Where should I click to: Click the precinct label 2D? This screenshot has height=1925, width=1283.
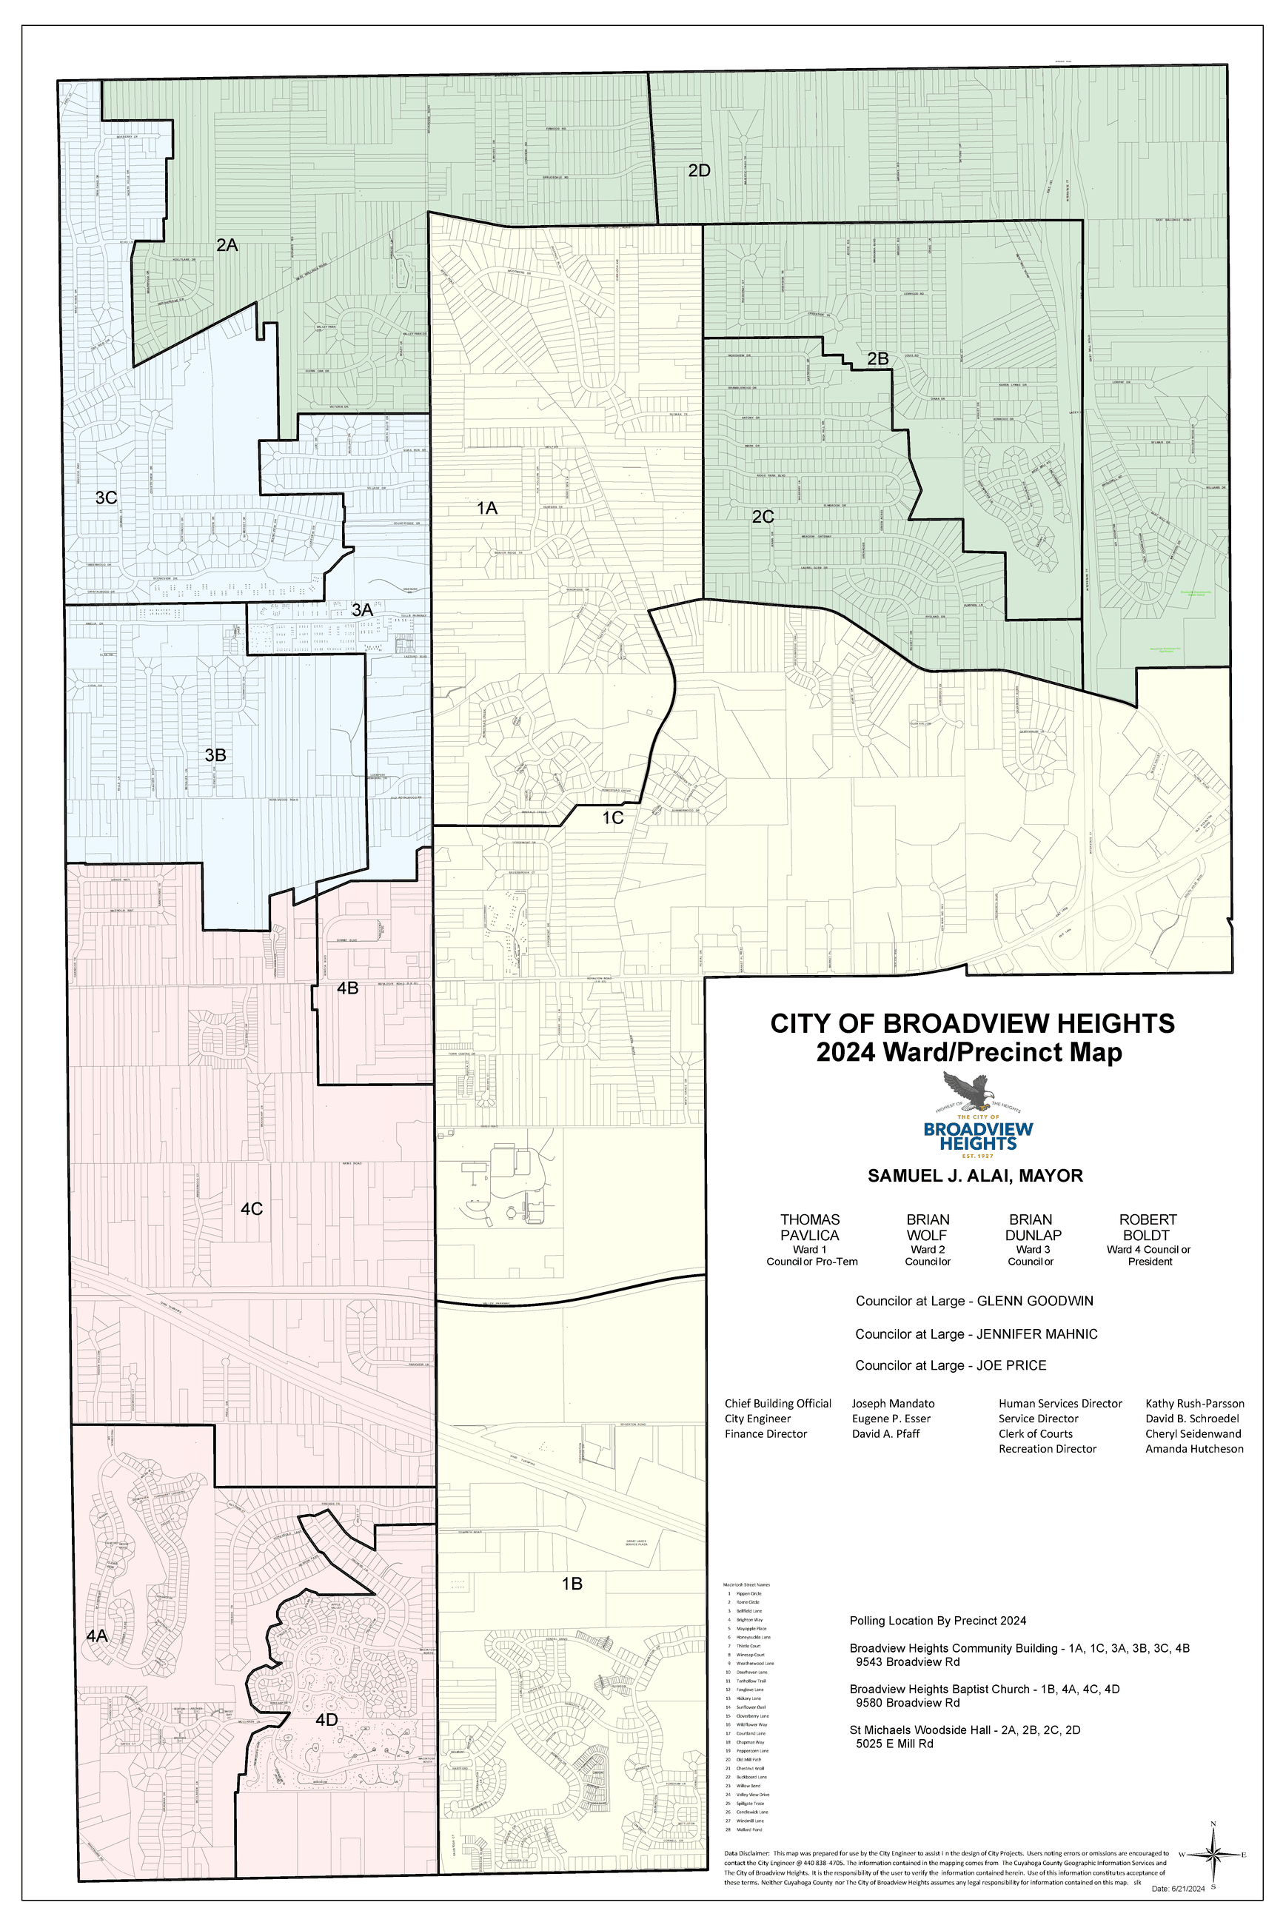[x=698, y=170]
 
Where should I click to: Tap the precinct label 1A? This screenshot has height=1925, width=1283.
[x=487, y=508]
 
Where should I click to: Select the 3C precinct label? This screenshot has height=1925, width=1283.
[x=107, y=498]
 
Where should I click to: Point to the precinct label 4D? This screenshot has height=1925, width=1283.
[x=326, y=1720]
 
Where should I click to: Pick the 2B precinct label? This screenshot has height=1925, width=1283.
[x=877, y=358]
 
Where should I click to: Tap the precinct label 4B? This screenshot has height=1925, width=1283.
[x=348, y=988]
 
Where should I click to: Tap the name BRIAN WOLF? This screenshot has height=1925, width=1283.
[x=927, y=1227]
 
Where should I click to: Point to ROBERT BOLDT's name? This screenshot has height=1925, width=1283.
[x=1148, y=1227]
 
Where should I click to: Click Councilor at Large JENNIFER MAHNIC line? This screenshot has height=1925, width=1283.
[x=977, y=1333]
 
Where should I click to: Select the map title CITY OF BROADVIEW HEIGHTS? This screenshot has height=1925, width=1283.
[x=972, y=1023]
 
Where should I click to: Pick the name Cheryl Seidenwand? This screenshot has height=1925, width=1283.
[x=1193, y=1433]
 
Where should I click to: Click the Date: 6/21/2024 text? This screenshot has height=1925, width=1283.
[x=1179, y=1889]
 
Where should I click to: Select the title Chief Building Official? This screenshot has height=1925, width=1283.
[x=777, y=1403]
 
